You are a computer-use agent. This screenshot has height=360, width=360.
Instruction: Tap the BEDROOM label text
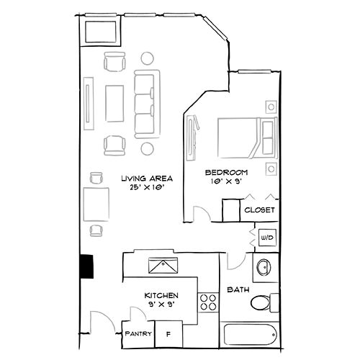coord(227,172)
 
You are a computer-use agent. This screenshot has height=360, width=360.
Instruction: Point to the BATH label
coord(238,290)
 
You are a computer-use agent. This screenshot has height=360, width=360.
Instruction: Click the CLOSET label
coord(259,210)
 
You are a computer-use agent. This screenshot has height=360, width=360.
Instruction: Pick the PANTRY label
coord(137,334)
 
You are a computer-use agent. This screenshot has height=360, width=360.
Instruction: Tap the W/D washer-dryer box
coord(266,236)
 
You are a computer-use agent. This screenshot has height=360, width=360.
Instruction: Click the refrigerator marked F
coord(168,334)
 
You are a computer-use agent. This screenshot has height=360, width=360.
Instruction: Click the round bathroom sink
coord(264,267)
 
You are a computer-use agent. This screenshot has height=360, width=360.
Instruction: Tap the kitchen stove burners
coord(209,303)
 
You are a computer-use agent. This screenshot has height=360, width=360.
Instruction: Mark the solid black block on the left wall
coord(87,266)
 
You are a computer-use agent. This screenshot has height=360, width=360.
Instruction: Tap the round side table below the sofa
coord(147,148)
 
